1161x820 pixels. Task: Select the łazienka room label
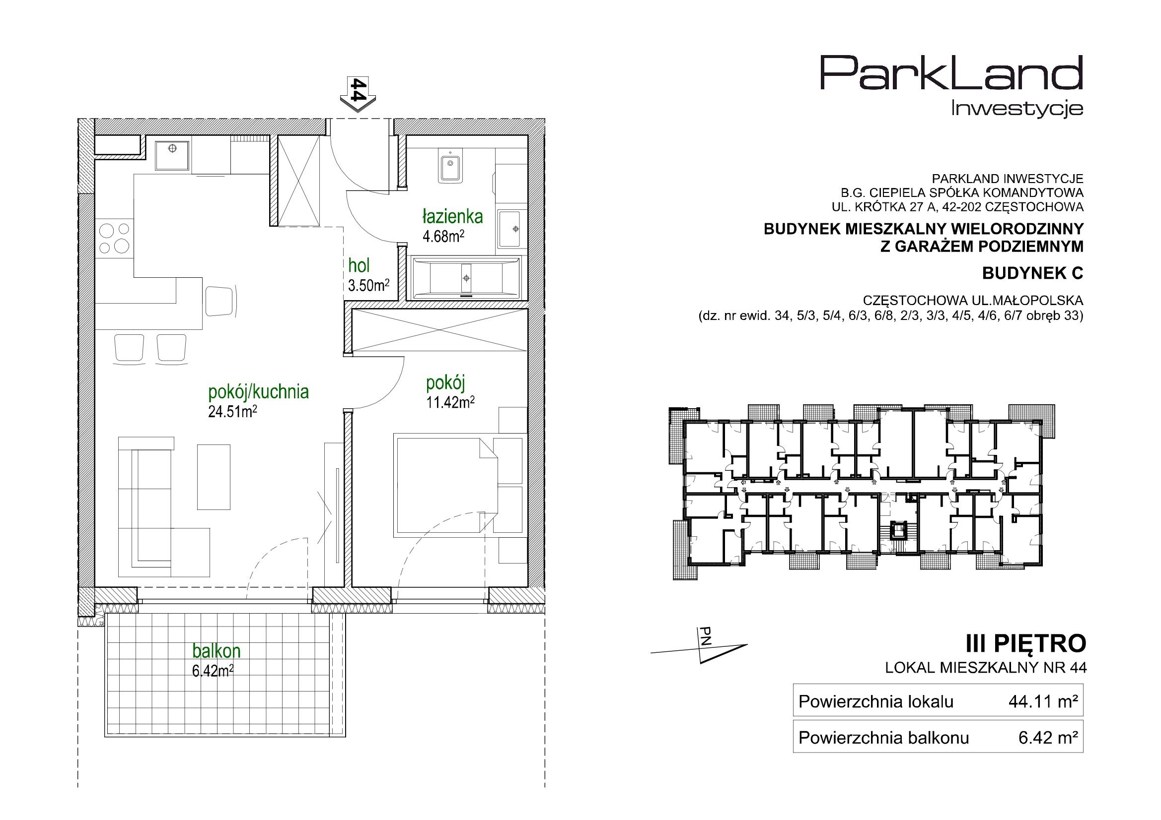coord(452,217)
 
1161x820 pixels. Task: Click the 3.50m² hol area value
coord(368,285)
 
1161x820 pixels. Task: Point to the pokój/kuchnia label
coord(258,391)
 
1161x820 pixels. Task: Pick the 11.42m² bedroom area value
coord(450,402)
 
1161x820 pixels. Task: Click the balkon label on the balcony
coord(217,651)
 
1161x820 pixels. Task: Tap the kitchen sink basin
coord(173,156)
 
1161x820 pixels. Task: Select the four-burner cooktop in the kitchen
coord(114,238)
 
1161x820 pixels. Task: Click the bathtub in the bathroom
coord(466,278)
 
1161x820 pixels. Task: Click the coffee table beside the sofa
coord(214,477)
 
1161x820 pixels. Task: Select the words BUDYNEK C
coord(1032,273)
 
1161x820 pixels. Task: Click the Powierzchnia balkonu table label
coord(883,738)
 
